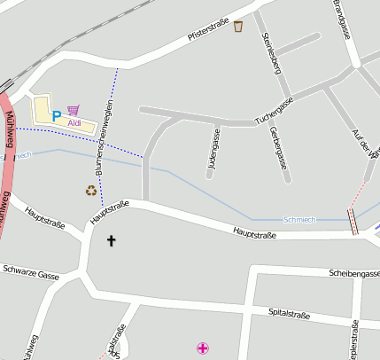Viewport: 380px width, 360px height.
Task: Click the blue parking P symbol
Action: tap(57, 115)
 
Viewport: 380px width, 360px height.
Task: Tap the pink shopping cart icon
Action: tap(73, 110)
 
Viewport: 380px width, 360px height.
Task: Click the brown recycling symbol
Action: tap(91, 190)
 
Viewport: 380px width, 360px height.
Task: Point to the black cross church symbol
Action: tap(112, 240)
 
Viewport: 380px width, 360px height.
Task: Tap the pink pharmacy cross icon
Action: tap(204, 348)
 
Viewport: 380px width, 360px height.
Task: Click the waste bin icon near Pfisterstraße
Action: tap(238, 27)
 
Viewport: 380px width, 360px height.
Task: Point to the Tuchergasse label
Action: tap(274, 111)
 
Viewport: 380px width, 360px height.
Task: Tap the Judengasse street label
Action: tap(213, 148)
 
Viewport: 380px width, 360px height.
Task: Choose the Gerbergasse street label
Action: tap(277, 146)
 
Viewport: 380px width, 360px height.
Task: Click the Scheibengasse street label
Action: tap(353, 274)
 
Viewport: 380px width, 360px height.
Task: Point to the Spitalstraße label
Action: tap(289, 314)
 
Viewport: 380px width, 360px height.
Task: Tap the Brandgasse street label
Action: tap(342, 19)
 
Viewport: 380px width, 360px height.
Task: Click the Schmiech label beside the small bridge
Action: tap(299, 219)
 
